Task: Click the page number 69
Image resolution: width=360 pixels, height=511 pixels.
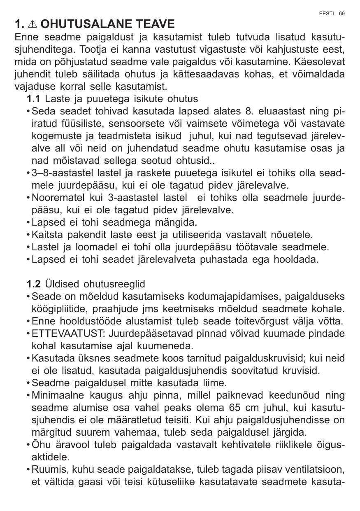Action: point(341,13)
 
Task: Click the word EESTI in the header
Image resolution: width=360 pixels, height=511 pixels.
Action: point(327,13)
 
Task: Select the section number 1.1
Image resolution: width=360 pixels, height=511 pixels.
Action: point(34,99)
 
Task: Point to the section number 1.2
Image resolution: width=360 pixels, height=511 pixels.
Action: point(34,285)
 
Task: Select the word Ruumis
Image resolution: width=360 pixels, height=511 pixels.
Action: point(45,470)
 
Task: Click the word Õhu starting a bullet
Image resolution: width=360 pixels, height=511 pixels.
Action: point(40,445)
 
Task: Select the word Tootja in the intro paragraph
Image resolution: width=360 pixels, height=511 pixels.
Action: point(95,50)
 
